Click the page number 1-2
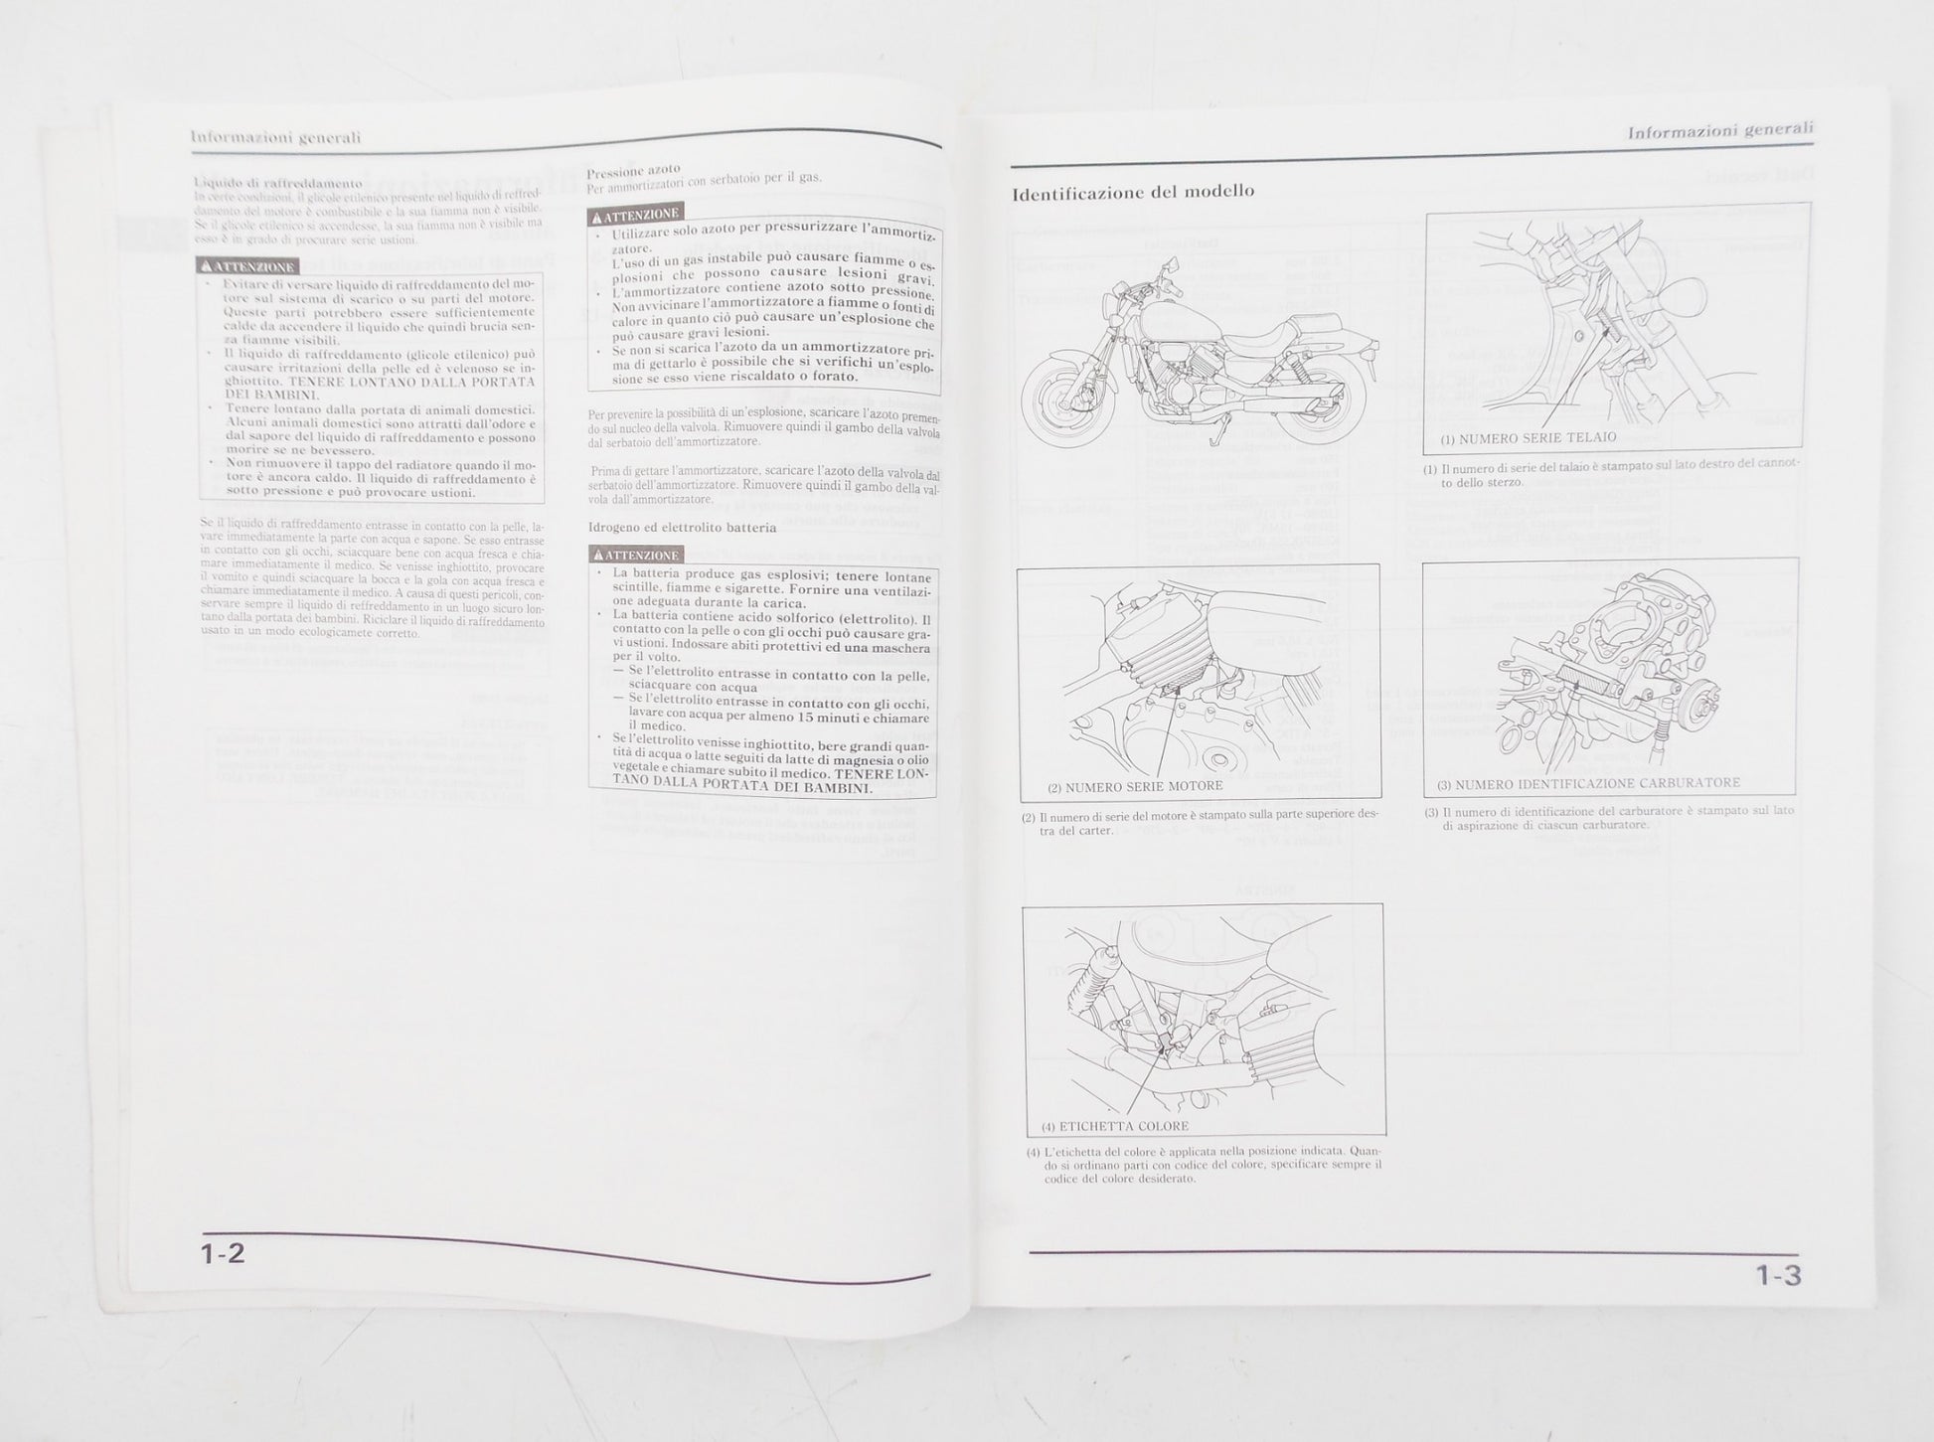pyautogui.click(x=223, y=1253)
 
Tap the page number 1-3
pyautogui.click(x=1776, y=1275)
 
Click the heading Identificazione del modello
pyautogui.click(x=1133, y=192)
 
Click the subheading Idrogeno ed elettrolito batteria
pyautogui.click(x=682, y=527)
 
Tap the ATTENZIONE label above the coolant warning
pyautogui.click(x=247, y=266)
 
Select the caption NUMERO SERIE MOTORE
pyautogui.click(x=1135, y=786)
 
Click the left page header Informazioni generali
pyautogui.click(x=275, y=138)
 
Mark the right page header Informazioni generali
pyautogui.click(x=1719, y=130)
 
